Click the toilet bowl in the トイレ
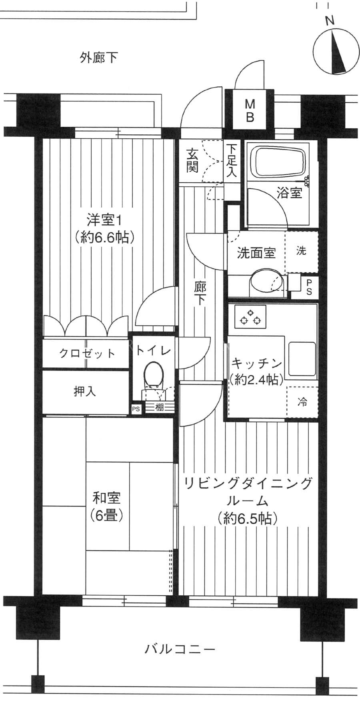tap(154, 375)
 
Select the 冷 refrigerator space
tap(302, 402)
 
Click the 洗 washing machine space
tap(302, 251)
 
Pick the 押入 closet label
tap(85, 391)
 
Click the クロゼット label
tap(87, 353)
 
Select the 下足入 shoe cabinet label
tap(232, 160)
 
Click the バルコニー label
tap(180, 648)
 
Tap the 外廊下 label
tap(98, 58)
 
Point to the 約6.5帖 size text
tap(247, 519)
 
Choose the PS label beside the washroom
tap(309, 287)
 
